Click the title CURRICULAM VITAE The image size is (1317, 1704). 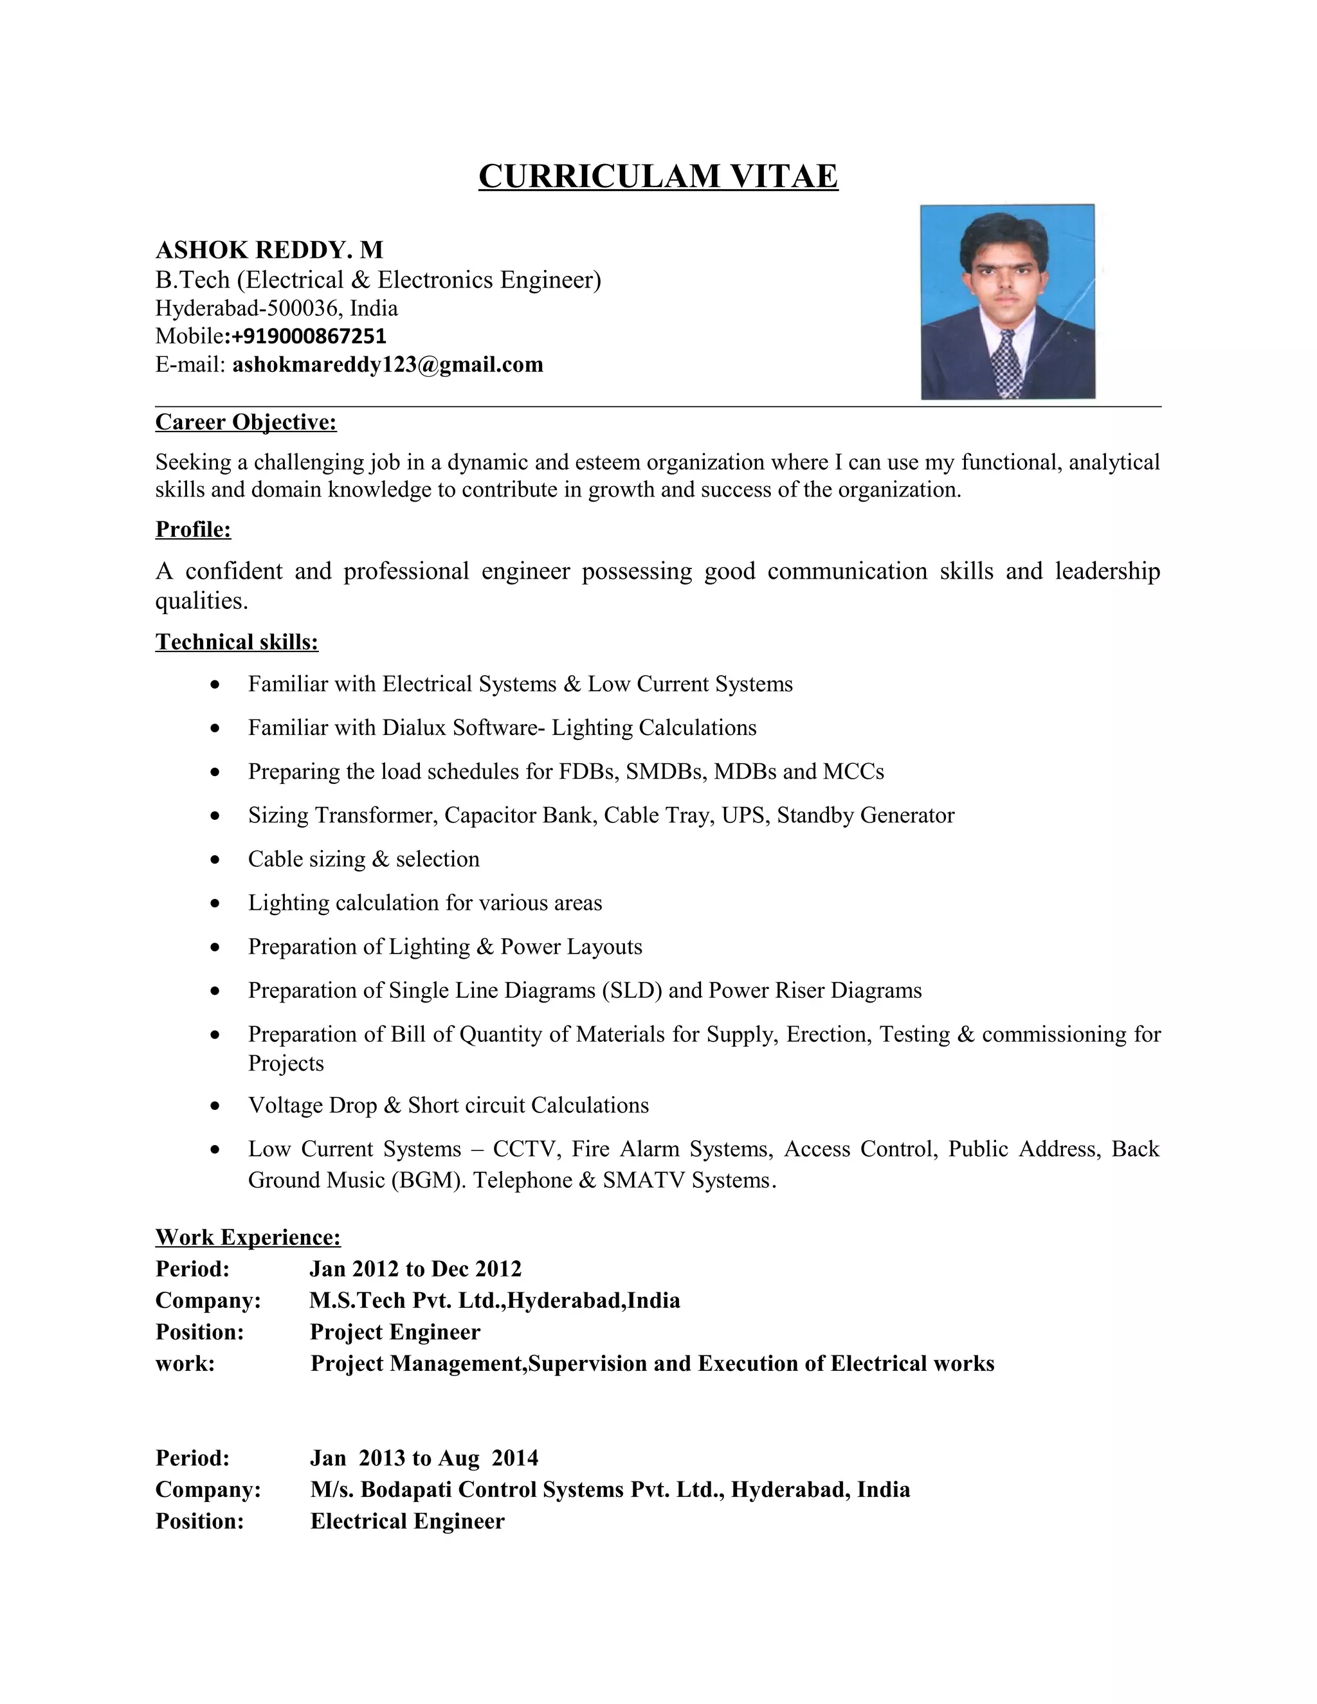(x=658, y=176)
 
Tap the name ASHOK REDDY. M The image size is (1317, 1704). (x=269, y=249)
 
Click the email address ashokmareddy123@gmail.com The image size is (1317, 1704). (x=387, y=365)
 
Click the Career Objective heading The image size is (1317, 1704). (x=246, y=422)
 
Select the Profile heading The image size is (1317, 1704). (x=193, y=529)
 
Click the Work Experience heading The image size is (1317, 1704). (x=248, y=1237)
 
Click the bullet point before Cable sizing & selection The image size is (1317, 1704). (x=216, y=860)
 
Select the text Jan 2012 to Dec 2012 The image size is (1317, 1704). (x=415, y=1269)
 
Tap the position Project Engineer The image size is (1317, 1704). (x=395, y=1332)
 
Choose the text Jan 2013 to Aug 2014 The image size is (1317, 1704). (x=424, y=1458)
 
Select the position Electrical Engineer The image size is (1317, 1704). (x=407, y=1521)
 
